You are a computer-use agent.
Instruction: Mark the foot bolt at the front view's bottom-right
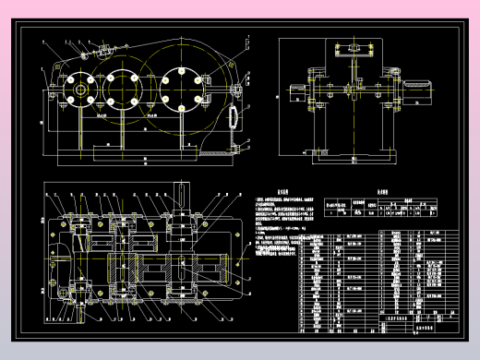[x=244, y=144]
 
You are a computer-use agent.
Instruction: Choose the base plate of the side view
[x=354, y=158]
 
